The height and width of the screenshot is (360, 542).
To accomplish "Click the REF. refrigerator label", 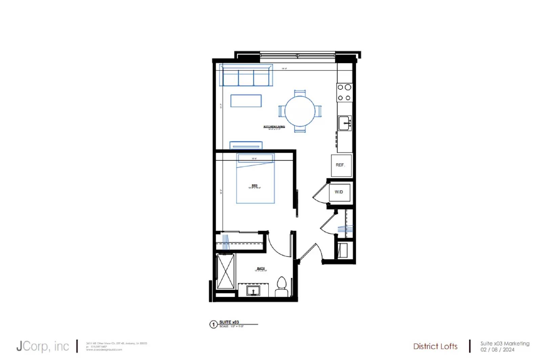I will [340, 165].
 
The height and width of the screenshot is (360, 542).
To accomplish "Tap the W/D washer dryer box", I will [339, 192].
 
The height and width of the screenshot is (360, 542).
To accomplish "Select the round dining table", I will [300, 111].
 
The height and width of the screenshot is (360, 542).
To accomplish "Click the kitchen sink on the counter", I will [345, 123].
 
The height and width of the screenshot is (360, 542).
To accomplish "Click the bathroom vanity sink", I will [253, 291].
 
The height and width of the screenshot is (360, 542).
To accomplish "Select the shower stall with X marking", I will [225, 271].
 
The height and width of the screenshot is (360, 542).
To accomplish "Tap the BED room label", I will [254, 186].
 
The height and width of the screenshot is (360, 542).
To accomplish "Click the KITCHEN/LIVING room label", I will [274, 127].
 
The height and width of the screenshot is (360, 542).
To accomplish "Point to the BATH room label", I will [260, 268].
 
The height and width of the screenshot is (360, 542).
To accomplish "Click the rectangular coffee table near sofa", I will [246, 101].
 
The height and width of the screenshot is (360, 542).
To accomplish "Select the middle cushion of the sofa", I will [246, 78].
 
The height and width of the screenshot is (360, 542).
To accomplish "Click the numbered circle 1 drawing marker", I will [213, 324].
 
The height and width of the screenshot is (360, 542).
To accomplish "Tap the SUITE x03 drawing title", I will [229, 322].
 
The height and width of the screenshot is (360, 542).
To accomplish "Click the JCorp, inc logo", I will [43, 346].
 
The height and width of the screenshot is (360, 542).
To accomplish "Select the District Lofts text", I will [435, 346].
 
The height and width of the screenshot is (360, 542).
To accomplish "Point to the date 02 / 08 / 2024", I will [497, 350].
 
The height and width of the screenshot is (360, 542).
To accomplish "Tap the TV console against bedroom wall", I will [246, 145].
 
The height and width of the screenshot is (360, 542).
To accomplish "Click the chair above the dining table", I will [300, 93].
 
